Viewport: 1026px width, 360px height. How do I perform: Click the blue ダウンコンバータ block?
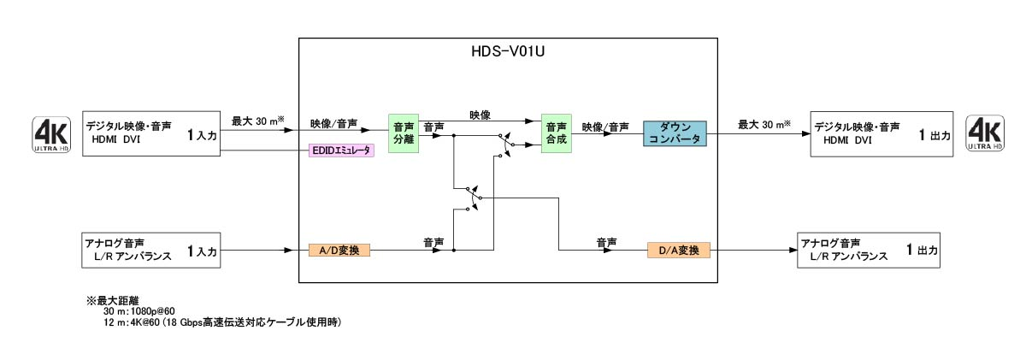[675, 133]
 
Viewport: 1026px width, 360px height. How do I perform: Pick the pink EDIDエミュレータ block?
[341, 151]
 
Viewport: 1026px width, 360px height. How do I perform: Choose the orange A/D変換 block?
[339, 251]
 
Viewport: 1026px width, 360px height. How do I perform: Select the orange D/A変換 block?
[679, 251]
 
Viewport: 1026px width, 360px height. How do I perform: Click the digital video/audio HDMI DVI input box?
[151, 133]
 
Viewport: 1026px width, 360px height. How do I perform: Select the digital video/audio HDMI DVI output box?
[882, 133]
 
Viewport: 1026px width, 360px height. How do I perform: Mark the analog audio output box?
[869, 250]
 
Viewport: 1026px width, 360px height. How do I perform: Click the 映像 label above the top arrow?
[480, 115]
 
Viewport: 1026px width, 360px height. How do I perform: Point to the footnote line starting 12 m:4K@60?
[221, 322]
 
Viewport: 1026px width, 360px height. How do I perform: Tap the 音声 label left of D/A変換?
[607, 243]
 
